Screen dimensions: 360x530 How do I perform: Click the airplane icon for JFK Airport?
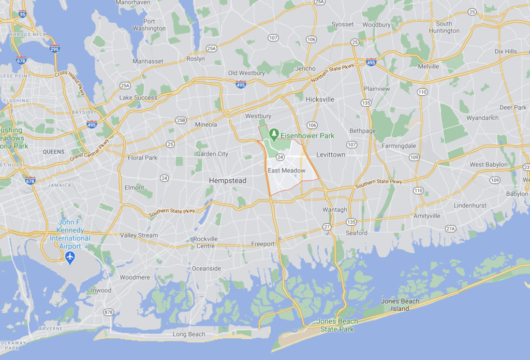(x=70, y=257)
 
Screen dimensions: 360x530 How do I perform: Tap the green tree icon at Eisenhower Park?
(x=274, y=135)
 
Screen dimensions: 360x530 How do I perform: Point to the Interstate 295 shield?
(x=55, y=49)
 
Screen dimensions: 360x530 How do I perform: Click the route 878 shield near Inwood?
(x=108, y=312)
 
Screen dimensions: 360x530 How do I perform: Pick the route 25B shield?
(x=181, y=120)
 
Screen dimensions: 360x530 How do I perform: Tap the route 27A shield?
(x=450, y=228)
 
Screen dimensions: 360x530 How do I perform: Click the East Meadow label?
(x=286, y=170)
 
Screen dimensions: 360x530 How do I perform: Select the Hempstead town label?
(x=227, y=180)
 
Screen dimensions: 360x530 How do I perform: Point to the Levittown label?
(x=331, y=154)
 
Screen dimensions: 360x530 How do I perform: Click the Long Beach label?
(x=189, y=334)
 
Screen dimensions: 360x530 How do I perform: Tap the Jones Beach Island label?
(x=400, y=305)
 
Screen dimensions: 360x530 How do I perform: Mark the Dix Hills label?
(x=506, y=51)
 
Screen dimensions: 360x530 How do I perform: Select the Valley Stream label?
(x=139, y=235)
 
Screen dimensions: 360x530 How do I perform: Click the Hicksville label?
(x=320, y=99)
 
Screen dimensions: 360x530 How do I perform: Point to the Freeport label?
(x=263, y=243)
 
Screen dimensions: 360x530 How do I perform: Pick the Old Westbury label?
(x=246, y=73)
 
